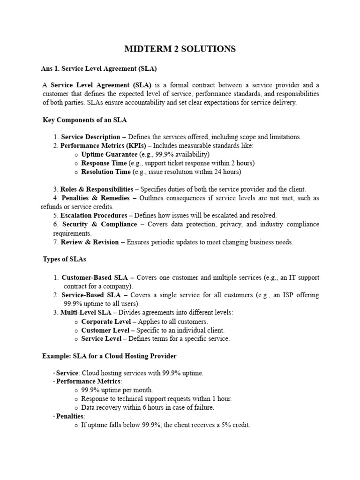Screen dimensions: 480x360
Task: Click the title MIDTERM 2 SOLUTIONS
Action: pyautogui.click(x=180, y=49)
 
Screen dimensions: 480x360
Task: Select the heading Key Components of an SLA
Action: pyautogui.click(x=85, y=120)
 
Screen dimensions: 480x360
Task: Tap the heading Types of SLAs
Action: pyautogui.click(x=64, y=259)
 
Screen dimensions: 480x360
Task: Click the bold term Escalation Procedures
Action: pyautogui.click(x=93, y=216)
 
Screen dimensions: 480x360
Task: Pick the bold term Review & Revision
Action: pyautogui.click(x=90, y=242)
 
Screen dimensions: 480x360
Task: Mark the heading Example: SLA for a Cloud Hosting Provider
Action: pyautogui.click(x=109, y=356)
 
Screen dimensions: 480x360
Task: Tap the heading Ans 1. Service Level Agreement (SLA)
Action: pyautogui.click(x=98, y=68)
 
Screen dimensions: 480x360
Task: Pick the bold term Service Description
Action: pyautogui.click(x=90, y=137)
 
